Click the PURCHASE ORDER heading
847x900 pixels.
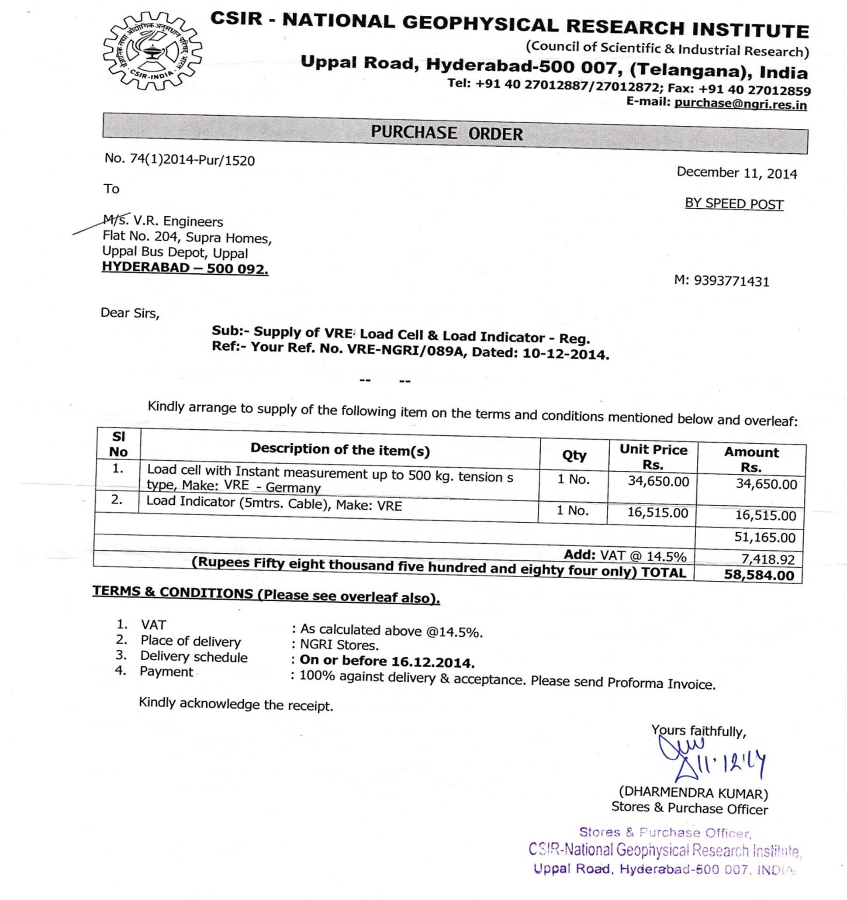[446, 133]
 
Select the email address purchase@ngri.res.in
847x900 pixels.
[740, 104]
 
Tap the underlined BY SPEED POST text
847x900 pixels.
[734, 204]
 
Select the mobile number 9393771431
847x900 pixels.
[731, 282]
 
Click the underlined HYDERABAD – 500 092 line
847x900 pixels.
[185, 268]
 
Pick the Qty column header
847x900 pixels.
[574, 455]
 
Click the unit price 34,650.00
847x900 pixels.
[658, 481]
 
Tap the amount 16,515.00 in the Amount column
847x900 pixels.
[765, 516]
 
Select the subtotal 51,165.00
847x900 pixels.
[764, 538]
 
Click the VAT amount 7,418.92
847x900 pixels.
[768, 559]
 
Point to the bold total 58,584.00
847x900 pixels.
[759, 576]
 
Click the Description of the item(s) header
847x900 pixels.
[340, 449]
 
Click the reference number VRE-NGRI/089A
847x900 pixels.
[407, 350]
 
